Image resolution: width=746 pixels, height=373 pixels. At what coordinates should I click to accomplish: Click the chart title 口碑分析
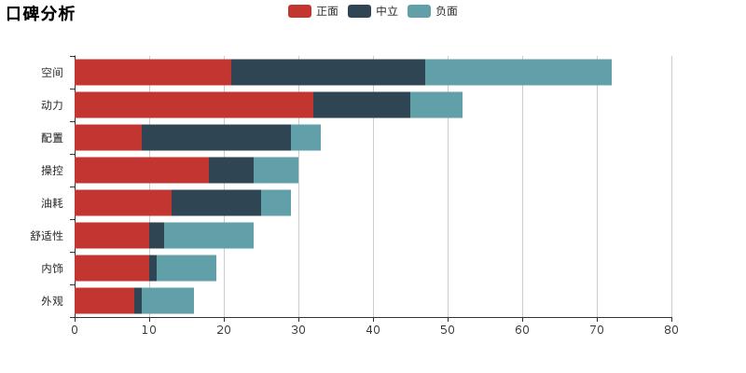coord(40,13)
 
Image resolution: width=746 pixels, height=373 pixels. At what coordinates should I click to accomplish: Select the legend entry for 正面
coord(314,11)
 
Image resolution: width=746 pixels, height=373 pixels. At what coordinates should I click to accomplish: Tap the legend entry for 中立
coord(374,11)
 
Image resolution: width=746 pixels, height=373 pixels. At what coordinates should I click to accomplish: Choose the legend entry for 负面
coord(434,11)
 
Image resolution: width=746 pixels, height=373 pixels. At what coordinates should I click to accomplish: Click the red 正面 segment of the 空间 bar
coord(153,73)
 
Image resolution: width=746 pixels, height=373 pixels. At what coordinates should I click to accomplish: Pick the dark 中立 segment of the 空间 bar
coord(328,73)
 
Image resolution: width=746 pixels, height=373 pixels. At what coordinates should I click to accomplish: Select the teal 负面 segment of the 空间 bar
coord(518,73)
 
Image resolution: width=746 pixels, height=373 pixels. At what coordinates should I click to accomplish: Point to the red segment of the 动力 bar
coord(194,105)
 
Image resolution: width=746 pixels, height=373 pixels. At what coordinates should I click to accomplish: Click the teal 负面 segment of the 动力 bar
coord(436,105)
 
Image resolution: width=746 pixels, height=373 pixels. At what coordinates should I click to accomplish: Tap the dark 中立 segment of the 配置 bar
coord(216,138)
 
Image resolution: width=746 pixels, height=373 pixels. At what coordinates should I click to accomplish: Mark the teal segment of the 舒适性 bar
coord(209,236)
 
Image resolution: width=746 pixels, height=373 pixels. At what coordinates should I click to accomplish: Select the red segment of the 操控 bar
coord(142,171)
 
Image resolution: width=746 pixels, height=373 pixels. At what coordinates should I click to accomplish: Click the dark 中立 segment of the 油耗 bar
coord(216,203)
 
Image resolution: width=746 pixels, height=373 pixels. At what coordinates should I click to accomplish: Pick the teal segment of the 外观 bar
coord(168,301)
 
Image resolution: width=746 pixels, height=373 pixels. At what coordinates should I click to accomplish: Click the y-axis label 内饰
coord(52,269)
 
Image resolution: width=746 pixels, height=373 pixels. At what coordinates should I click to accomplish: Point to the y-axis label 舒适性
coord(47,236)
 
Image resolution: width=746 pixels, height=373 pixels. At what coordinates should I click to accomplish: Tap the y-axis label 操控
coord(52,171)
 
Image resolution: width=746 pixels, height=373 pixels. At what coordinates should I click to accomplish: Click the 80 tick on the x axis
coord(671,329)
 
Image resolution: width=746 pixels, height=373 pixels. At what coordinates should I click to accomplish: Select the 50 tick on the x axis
coord(448,329)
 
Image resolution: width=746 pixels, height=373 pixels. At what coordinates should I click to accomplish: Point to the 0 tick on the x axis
coord(75,329)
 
